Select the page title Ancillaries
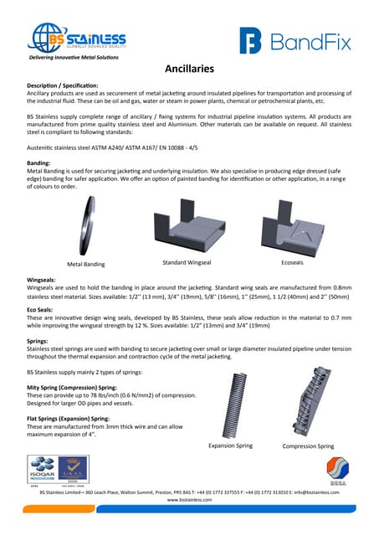(189, 70)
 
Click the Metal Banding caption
(86, 264)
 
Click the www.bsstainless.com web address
(189, 499)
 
